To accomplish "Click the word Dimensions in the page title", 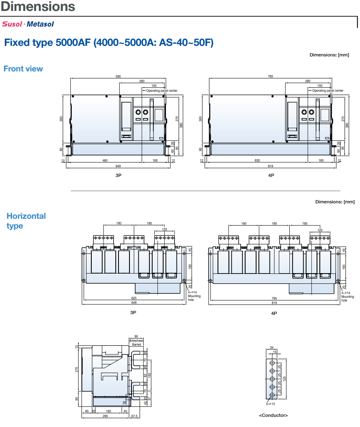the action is (x=38, y=6).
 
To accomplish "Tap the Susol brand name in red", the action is (x=12, y=24).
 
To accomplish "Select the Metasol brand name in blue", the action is (x=40, y=24).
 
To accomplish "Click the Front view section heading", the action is (x=23, y=69).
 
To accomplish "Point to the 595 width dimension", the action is (x=118, y=76).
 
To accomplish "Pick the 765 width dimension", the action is (x=270, y=76).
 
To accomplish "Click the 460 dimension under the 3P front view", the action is (x=105, y=160).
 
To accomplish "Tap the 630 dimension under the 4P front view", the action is (x=257, y=160).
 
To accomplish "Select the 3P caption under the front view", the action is (x=119, y=175).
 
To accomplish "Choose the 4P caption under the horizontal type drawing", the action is (x=274, y=313).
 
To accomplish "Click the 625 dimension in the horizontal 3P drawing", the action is (x=134, y=298).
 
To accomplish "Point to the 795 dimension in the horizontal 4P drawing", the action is (x=274, y=298).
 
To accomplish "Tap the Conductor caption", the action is (x=274, y=415).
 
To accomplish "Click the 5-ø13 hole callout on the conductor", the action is (x=270, y=404).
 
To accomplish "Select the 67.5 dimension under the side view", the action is (x=134, y=416).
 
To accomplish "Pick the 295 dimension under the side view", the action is (x=106, y=416).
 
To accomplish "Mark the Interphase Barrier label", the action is (x=136, y=343).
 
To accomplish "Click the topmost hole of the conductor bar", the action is (x=272, y=363).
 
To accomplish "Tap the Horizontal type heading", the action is (x=26, y=221).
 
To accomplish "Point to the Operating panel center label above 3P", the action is (x=162, y=91).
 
